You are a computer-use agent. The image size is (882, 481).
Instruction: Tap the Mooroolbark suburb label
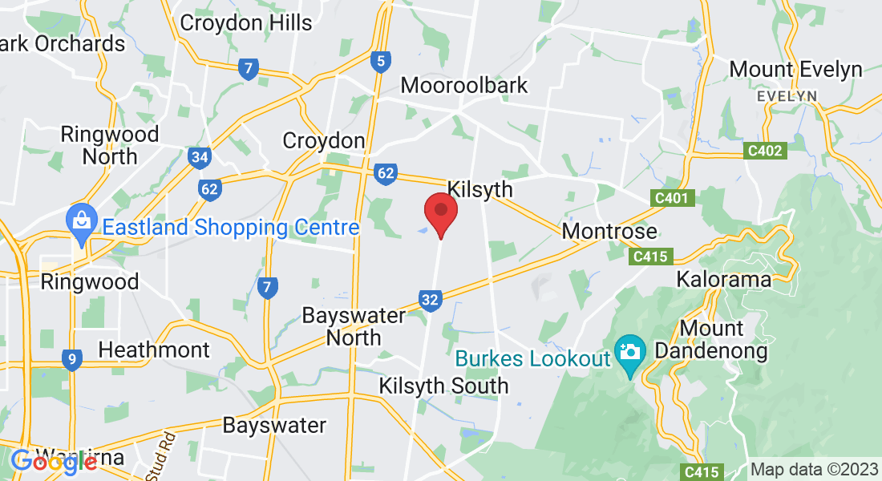[464, 85]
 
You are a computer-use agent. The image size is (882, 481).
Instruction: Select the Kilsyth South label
[443, 386]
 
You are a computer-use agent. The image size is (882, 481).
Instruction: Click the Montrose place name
[609, 232]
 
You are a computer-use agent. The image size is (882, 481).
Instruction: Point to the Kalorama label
[723, 280]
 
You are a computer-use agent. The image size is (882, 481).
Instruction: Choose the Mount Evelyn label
[795, 69]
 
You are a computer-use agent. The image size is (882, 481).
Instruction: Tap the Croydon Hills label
[246, 22]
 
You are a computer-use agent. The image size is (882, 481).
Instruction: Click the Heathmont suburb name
[154, 350]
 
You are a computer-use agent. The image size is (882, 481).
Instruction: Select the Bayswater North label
[354, 326]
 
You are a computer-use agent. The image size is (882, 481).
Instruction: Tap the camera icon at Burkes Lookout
[630, 353]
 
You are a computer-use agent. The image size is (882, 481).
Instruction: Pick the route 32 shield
[430, 301]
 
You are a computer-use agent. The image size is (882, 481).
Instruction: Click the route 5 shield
[381, 60]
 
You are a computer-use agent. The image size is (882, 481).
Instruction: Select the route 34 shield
[200, 157]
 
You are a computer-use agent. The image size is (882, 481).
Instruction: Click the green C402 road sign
[764, 150]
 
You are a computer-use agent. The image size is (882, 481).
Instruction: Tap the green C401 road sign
[670, 197]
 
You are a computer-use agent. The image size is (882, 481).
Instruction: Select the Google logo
[54, 462]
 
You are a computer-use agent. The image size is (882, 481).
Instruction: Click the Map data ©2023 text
[814, 470]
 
